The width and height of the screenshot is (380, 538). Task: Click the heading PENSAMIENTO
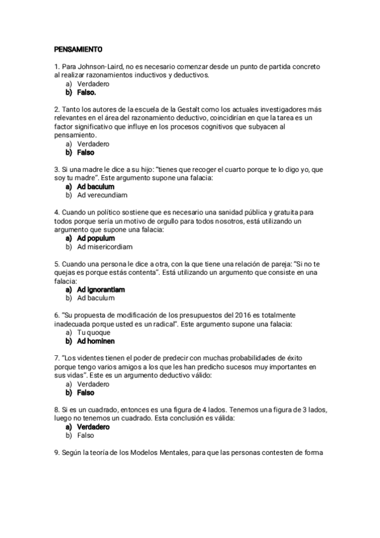tap(78, 49)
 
